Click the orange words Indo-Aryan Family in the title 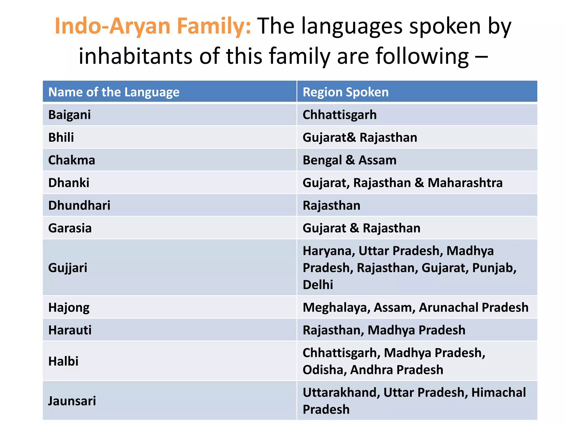(x=153, y=26)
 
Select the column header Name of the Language (x=114, y=92)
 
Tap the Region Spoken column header (x=345, y=92)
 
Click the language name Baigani (x=69, y=115)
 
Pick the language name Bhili (x=61, y=138)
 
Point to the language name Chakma (x=72, y=160)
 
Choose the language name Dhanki (x=69, y=183)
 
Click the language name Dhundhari (x=79, y=206)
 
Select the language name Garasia (x=70, y=228)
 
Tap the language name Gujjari (x=68, y=268)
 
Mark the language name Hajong (x=69, y=307)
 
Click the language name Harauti (x=70, y=330)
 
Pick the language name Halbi (x=63, y=361)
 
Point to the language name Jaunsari (x=72, y=401)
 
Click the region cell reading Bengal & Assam (x=349, y=160)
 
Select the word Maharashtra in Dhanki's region (x=465, y=183)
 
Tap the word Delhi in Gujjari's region (x=318, y=285)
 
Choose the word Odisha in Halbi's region (x=323, y=370)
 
